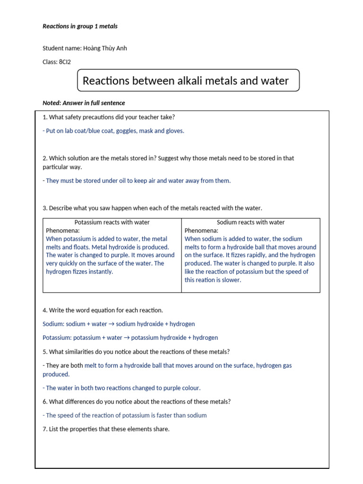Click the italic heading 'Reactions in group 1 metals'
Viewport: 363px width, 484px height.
80,26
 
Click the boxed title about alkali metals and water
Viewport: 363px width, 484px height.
188,81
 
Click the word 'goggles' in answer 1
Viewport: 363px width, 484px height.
127,131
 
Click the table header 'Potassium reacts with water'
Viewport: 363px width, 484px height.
112,223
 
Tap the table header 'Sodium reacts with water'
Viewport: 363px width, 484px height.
251,223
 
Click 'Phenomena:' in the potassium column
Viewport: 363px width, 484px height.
63,231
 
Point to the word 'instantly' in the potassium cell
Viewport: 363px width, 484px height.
101,272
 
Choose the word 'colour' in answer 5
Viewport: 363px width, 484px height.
190,388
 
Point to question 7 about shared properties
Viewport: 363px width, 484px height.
106,429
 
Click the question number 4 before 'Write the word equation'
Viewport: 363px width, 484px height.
44,311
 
